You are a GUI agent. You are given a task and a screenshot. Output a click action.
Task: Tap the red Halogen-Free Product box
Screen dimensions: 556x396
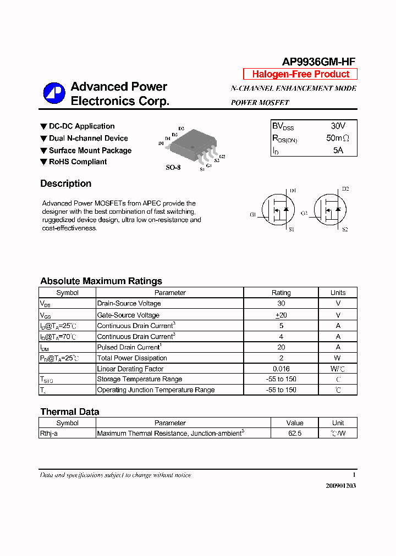[300, 74]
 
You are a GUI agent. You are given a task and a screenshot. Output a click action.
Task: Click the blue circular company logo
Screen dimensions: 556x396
[54, 93]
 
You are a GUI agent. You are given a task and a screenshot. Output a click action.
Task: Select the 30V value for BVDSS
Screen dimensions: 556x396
[338, 126]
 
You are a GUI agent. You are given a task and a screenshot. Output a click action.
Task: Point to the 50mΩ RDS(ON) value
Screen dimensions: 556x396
[338, 138]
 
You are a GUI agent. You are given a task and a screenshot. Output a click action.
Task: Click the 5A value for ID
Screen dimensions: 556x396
[338, 150]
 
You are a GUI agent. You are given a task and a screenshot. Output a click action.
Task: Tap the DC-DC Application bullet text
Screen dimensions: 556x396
[81, 126]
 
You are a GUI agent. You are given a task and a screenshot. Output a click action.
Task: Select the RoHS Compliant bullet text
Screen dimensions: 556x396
[78, 162]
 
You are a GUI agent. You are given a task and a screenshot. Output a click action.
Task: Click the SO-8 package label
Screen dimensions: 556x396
[173, 168]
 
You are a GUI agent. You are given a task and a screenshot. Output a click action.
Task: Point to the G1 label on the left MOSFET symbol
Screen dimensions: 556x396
[253, 215]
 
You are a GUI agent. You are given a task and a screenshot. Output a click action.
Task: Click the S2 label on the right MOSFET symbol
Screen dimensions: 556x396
[345, 229]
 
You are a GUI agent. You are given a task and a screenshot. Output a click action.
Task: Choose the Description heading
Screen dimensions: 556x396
[65, 184]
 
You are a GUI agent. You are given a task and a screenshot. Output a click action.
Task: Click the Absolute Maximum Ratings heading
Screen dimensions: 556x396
[101, 281]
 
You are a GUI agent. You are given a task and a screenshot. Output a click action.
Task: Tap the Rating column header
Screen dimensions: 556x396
[281, 293]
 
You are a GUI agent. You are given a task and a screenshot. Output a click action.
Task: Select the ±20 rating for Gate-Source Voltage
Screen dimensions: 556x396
[281, 315]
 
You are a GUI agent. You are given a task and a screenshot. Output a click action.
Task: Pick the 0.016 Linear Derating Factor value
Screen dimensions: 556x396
[281, 369]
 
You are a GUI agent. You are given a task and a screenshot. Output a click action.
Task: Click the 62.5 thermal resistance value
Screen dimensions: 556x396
[295, 433]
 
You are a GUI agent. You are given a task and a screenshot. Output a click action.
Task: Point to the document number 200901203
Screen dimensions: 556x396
[340, 486]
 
